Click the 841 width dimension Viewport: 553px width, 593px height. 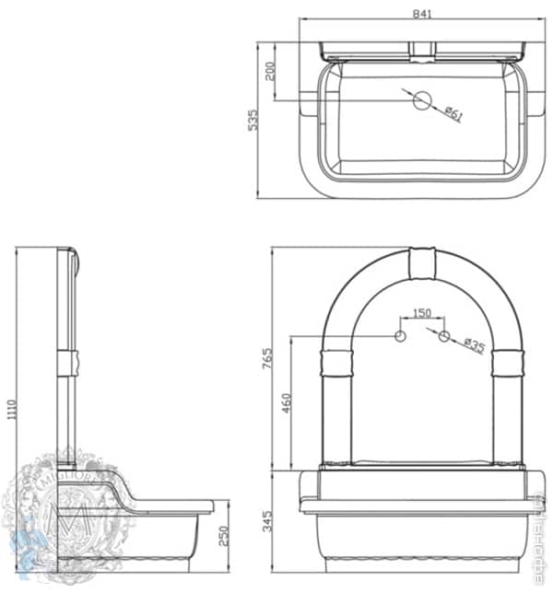(424, 14)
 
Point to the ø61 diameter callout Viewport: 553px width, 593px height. (453, 113)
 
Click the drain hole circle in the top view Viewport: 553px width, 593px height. (421, 100)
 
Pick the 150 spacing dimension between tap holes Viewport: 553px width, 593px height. (421, 314)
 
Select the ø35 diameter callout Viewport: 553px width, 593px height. (474, 346)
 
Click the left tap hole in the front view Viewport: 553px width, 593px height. (400, 336)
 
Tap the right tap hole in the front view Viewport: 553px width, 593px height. (444, 336)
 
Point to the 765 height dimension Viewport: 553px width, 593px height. (267, 359)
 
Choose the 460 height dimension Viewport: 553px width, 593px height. (287, 402)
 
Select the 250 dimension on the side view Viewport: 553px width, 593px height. (223, 536)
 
